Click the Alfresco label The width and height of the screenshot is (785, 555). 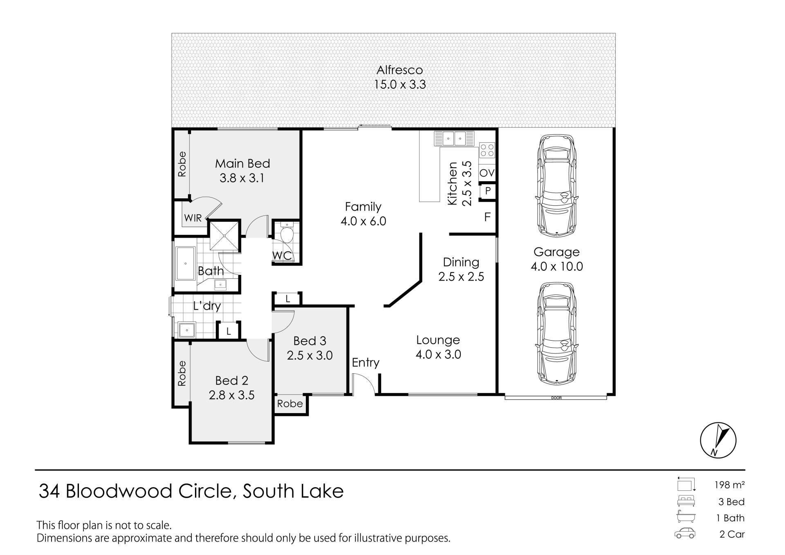pos(399,70)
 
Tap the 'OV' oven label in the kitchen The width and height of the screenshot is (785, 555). pos(487,173)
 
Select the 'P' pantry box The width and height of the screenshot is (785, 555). pos(488,191)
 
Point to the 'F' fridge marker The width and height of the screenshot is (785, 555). pos(487,217)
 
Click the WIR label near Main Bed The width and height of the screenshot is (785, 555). pos(193,218)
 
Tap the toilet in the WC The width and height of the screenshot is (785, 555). pos(287,233)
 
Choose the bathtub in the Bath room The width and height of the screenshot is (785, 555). pos(186,263)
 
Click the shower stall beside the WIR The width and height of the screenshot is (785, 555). pos(224,236)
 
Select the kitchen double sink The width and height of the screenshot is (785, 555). pos(454,138)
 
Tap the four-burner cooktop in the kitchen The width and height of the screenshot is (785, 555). pos(487,150)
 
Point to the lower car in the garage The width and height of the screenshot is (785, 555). pos(557,333)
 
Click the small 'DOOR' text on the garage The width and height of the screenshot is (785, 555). pos(556,398)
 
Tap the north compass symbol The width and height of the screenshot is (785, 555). pos(718,440)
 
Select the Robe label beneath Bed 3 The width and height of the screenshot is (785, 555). pos(290,404)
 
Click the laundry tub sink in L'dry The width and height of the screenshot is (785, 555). pos(187,330)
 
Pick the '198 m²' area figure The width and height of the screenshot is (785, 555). pos(729,485)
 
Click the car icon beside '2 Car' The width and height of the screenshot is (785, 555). pos(684,533)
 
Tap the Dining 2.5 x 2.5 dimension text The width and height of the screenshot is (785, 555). pos(461,277)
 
